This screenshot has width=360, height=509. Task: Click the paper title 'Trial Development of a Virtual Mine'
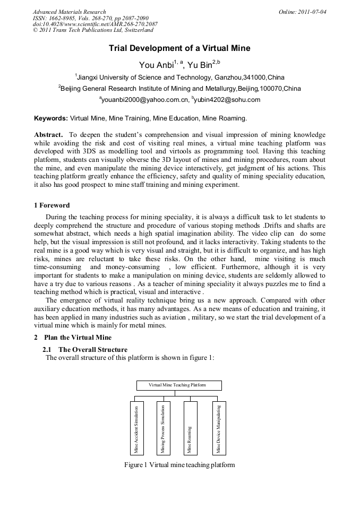(179, 48)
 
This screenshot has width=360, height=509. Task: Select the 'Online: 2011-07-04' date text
(302, 11)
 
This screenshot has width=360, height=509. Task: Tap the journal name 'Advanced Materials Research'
(69, 11)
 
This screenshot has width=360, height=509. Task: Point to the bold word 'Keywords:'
(51, 118)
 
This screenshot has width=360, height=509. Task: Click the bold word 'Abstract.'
(49, 135)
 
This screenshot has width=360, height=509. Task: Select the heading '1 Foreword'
(52, 205)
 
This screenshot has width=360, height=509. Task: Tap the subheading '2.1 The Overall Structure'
(85, 350)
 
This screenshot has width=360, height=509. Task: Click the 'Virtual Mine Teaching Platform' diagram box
(179, 385)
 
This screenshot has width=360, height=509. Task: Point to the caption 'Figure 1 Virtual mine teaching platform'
(179, 465)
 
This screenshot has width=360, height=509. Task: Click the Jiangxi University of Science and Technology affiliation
(179, 77)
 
